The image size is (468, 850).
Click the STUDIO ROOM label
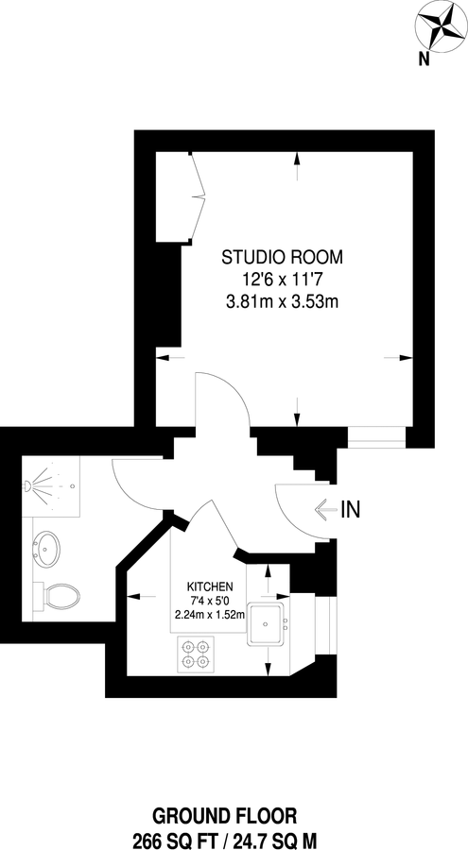(x=282, y=256)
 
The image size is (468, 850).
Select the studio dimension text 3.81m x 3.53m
(x=282, y=302)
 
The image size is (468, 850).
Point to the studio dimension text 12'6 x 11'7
(x=282, y=280)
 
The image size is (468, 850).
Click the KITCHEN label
(x=210, y=586)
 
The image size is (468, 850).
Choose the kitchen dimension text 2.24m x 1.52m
(x=210, y=614)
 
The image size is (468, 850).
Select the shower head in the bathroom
(x=30, y=485)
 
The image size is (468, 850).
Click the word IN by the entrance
(x=351, y=510)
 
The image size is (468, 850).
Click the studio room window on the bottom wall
(x=376, y=436)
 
